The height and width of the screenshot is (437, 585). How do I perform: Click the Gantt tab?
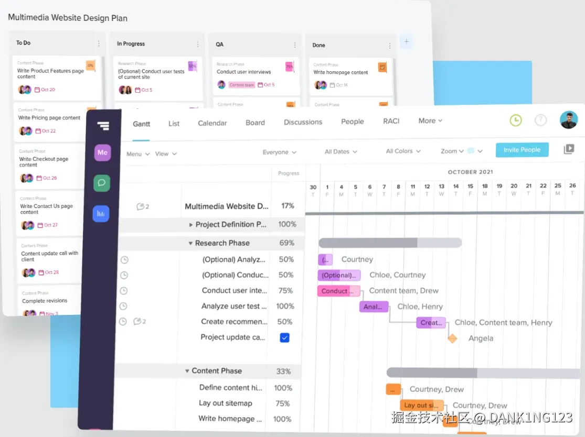point(141,124)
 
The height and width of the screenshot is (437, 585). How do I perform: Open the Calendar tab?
point(212,123)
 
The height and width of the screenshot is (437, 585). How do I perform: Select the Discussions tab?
point(303,122)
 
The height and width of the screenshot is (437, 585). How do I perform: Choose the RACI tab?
point(391,121)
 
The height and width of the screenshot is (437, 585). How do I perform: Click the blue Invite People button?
point(522,150)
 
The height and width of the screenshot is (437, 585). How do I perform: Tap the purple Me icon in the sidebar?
point(102,152)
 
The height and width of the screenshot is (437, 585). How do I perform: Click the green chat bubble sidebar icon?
point(102,183)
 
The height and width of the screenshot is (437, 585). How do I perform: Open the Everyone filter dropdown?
point(279,152)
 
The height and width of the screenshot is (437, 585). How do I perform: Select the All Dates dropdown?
point(341,151)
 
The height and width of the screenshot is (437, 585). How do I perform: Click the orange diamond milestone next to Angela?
point(452,338)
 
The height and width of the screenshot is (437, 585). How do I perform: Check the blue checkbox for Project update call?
point(284,337)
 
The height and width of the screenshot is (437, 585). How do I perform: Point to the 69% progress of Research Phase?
point(286,243)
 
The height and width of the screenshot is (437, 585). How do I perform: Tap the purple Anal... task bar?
point(374,307)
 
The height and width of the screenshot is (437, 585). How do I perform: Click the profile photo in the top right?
point(568,120)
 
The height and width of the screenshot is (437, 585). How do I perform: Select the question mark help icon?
point(540,121)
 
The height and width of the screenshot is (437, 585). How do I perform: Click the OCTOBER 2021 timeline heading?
point(470,172)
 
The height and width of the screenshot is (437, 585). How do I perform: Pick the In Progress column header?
point(131,44)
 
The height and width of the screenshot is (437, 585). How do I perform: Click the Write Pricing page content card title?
point(49,118)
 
